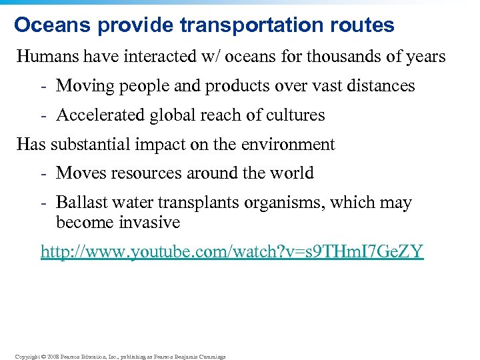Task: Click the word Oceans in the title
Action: tap(50, 25)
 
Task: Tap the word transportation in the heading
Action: tap(249, 25)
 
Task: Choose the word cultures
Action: tap(295, 115)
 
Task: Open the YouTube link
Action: tap(232, 252)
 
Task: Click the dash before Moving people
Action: tap(43, 86)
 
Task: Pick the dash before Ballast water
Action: tap(43, 203)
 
